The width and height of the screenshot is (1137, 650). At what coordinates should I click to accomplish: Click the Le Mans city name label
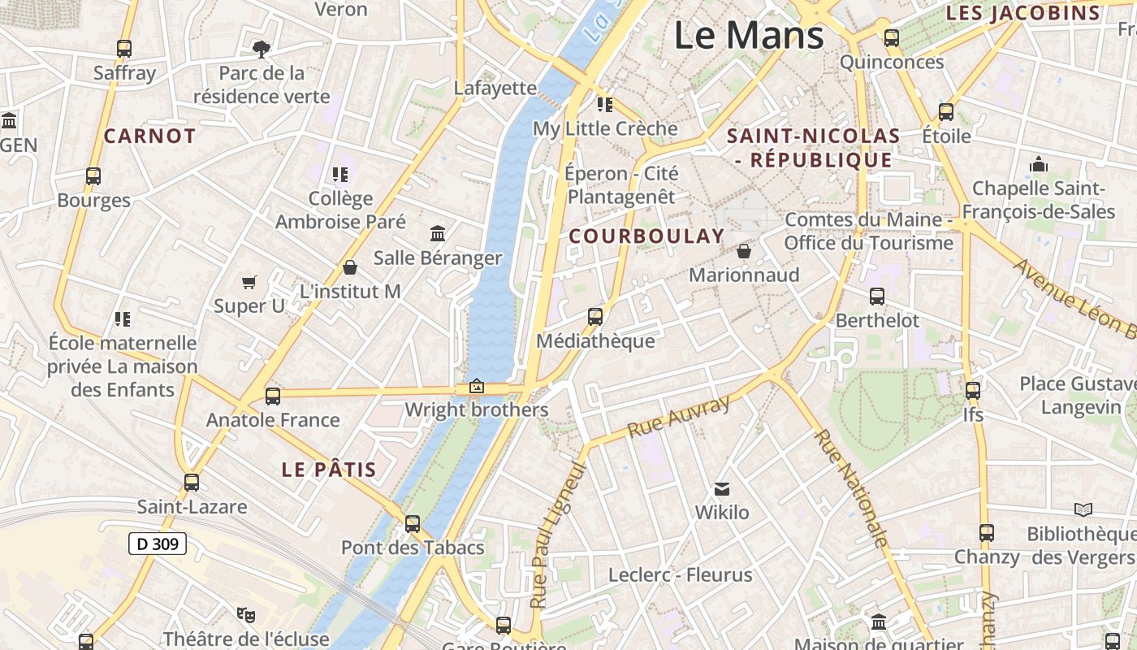(x=749, y=36)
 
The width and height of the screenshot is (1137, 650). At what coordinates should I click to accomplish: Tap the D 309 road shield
(x=158, y=544)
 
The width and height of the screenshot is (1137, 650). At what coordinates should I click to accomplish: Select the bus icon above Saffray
(x=124, y=49)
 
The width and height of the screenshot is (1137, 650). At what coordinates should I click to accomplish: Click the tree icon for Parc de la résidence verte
(x=261, y=50)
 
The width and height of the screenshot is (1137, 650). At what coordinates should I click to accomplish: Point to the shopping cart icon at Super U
(x=249, y=282)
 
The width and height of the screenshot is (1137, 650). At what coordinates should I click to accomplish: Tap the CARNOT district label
(x=149, y=136)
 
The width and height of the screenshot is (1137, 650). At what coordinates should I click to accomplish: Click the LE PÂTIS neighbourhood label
(x=329, y=470)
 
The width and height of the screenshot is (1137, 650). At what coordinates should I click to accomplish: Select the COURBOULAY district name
(x=646, y=236)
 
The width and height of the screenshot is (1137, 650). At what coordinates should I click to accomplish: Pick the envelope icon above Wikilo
(x=721, y=488)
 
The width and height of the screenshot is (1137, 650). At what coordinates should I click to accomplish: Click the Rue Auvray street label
(x=679, y=417)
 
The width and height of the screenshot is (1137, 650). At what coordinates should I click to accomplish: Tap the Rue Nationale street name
(x=851, y=487)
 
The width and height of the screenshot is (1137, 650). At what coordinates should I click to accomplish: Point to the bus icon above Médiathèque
(x=595, y=317)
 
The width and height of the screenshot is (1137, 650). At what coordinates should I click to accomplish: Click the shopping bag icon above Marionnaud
(x=743, y=251)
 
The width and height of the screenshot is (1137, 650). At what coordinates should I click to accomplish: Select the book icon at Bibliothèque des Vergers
(x=1083, y=509)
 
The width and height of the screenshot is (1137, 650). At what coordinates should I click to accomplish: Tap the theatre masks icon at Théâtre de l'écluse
(x=245, y=614)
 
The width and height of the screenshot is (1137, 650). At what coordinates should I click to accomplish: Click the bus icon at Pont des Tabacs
(x=413, y=523)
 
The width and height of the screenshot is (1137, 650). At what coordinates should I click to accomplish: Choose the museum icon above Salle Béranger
(x=438, y=233)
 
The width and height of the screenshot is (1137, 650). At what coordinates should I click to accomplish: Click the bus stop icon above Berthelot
(x=877, y=297)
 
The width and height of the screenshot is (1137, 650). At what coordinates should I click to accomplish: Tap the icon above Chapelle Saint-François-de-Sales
(x=1038, y=165)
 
